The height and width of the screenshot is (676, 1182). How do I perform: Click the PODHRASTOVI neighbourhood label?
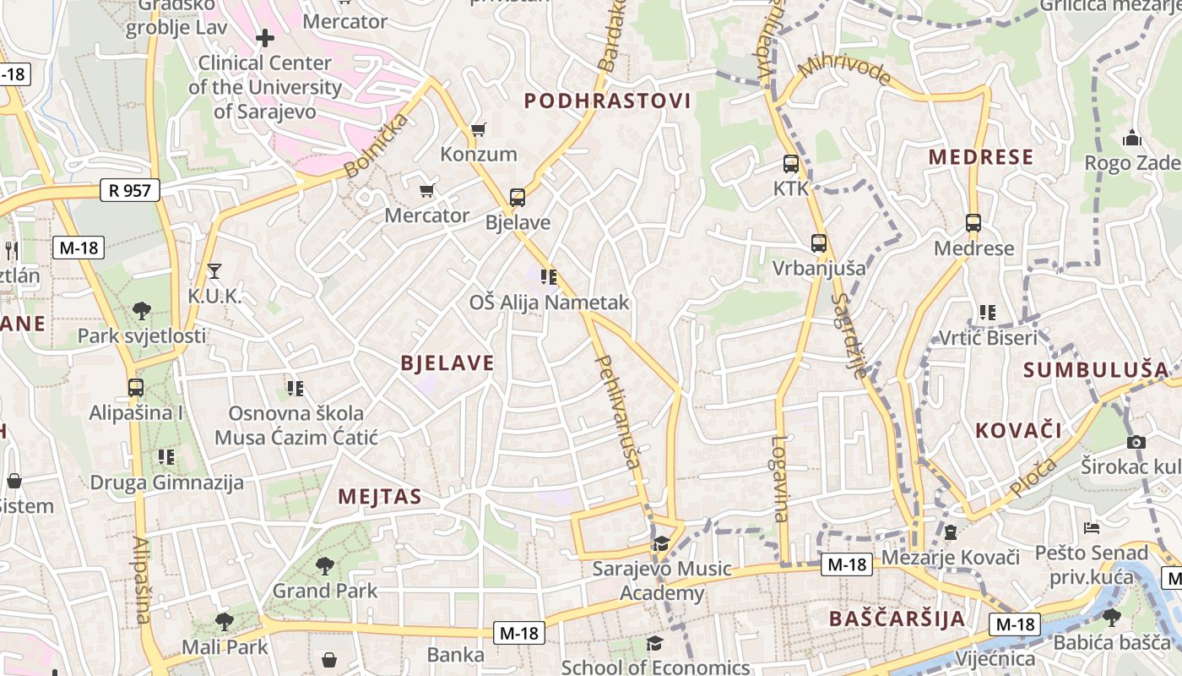tap(607, 101)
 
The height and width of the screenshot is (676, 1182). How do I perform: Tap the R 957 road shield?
tap(129, 190)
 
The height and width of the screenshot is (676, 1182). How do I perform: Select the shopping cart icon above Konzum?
tap(479, 129)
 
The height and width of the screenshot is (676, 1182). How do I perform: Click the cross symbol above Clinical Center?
tap(265, 37)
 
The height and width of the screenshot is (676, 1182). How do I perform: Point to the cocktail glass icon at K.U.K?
tap(214, 271)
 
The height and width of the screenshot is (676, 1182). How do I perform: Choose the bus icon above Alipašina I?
tap(136, 388)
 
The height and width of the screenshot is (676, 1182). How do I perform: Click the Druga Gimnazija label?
tap(166, 482)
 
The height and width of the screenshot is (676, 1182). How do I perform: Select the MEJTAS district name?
tap(379, 497)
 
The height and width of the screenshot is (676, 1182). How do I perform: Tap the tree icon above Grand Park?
tap(325, 566)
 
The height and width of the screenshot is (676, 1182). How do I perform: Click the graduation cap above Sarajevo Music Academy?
tap(660, 543)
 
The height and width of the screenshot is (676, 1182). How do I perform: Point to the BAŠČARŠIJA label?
tap(897, 619)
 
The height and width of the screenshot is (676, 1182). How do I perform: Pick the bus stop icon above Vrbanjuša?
tap(818, 243)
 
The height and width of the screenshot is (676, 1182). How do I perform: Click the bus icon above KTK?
tap(791, 164)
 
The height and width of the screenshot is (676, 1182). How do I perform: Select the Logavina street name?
tap(779, 478)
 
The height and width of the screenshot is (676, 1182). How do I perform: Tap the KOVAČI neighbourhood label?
tap(1018, 430)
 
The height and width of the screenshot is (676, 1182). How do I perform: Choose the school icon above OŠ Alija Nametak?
tap(549, 276)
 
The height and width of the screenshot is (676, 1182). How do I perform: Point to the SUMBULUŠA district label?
tap(1096, 370)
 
